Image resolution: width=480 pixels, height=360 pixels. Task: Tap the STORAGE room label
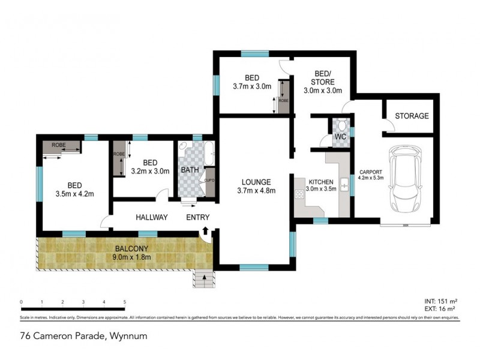411,116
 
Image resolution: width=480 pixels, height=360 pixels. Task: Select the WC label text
340,137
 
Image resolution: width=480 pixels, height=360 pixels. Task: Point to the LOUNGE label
256,182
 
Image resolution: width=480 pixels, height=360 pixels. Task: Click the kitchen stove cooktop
299,194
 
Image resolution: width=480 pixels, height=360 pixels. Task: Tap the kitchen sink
344,185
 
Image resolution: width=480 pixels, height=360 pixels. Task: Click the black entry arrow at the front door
205,230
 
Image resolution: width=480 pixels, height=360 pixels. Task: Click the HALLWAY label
151,217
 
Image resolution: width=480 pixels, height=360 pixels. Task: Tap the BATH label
190,170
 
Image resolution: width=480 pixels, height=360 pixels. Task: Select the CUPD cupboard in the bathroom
209,179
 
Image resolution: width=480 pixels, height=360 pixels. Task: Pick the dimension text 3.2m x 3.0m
150,171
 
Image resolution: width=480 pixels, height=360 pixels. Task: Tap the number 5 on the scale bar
124,302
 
